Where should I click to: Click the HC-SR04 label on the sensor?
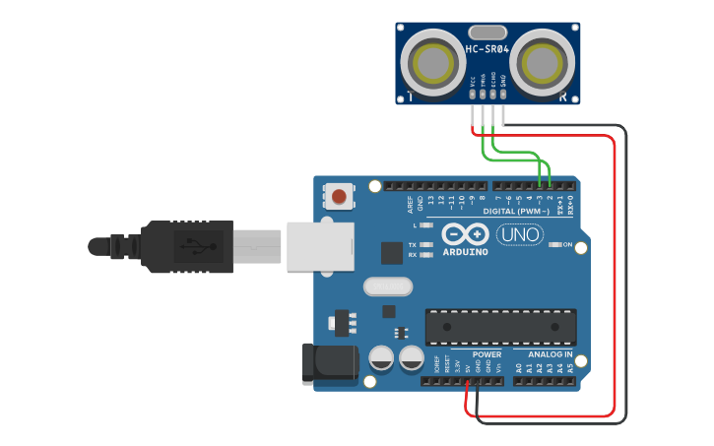point(487,49)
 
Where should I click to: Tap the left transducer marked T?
point(434,63)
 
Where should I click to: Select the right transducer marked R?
point(540,63)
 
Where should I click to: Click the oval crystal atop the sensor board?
point(487,33)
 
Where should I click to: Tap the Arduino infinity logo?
point(465,235)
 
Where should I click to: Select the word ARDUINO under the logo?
point(465,252)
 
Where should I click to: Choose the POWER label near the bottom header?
point(487,353)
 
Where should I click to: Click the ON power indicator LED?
point(554,243)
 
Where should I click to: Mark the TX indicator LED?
point(425,243)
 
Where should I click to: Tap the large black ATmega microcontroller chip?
point(500,327)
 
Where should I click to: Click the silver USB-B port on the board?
point(320,245)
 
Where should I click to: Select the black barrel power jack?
point(330,363)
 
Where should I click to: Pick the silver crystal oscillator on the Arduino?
point(387,287)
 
